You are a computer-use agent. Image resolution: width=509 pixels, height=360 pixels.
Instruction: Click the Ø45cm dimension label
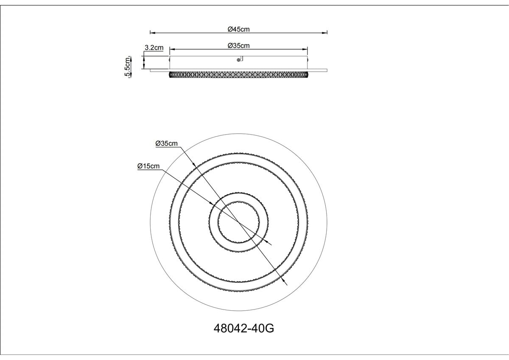pos(238,29)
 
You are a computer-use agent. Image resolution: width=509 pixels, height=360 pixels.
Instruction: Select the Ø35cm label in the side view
pos(238,46)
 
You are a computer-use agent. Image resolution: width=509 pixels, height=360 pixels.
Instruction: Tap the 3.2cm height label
pos(154,48)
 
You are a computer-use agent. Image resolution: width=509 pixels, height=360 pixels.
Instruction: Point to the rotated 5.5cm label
pos(128,67)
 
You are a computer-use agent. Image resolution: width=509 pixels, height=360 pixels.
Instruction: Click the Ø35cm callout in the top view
pos(167,143)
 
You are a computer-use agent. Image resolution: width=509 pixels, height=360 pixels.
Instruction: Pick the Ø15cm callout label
pos(148,166)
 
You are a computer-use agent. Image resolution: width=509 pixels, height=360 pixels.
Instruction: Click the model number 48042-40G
pos(244,329)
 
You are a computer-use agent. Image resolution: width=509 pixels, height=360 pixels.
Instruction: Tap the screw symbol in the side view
pos(238,60)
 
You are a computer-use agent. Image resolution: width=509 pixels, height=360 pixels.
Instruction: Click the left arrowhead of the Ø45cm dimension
pos(152,33)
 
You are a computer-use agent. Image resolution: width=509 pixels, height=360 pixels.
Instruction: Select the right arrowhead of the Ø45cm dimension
pos(325,33)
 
